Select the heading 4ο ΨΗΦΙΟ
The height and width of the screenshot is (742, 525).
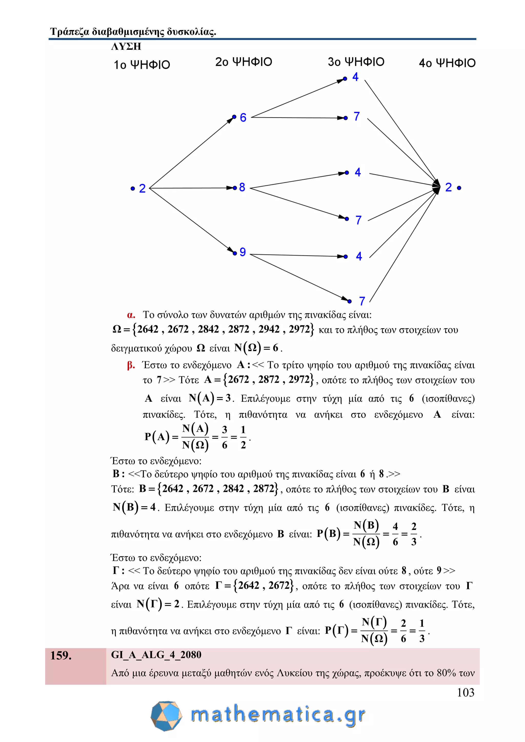[447, 63]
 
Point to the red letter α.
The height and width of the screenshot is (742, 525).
[131, 315]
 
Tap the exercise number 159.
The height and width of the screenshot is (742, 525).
[61, 656]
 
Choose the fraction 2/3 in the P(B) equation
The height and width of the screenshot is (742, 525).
[413, 534]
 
